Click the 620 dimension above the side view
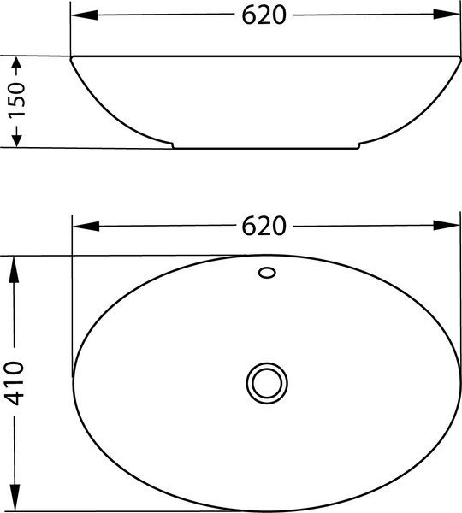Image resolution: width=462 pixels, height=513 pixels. coord(264,15)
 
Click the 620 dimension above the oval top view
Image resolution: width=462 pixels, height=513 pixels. coord(264,226)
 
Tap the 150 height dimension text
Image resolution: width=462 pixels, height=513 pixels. coord(16,100)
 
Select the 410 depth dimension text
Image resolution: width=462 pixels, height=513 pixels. coord(14,383)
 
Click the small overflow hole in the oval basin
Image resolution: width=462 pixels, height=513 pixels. coord(267,273)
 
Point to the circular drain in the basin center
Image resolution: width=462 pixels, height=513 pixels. coord(267,383)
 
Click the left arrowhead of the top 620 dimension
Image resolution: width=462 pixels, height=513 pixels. coord(85,15)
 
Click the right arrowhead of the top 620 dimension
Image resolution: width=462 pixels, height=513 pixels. coord(447,14)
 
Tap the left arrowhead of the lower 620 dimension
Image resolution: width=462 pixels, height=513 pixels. coord(86,226)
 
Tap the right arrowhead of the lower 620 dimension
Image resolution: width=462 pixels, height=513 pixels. coord(447,226)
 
